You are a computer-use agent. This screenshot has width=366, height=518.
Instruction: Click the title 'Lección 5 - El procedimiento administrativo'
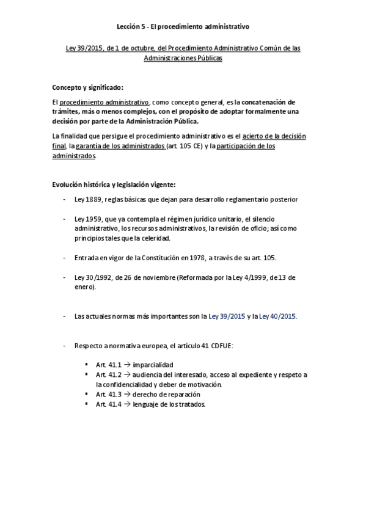[x=183, y=27]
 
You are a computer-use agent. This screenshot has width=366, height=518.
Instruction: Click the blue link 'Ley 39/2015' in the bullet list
[x=227, y=316]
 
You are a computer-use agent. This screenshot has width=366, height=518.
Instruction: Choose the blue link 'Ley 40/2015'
[x=277, y=316]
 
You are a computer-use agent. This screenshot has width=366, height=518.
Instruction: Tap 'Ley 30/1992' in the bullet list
[x=92, y=277]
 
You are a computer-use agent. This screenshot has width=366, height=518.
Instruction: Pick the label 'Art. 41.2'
[x=108, y=374]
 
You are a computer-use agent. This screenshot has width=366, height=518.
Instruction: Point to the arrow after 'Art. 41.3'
[x=127, y=395]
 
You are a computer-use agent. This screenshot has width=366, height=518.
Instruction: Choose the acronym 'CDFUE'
[x=230, y=346]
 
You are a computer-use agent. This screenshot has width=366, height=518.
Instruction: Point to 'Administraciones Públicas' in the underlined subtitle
[x=183, y=57]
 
